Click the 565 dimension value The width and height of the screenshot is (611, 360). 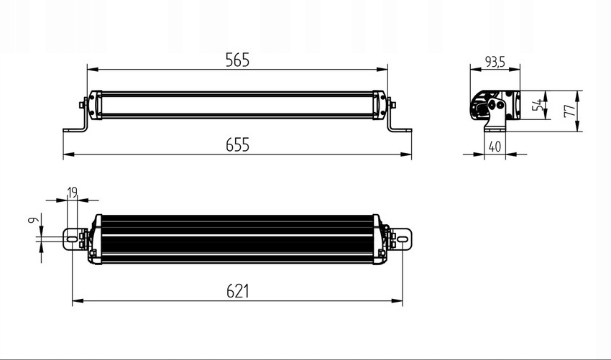tap(236, 60)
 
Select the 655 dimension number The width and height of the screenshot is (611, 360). tap(236, 145)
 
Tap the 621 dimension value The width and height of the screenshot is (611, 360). tap(236, 291)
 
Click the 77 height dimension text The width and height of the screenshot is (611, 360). tap(567, 111)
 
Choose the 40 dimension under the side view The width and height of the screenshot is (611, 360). tap(494, 146)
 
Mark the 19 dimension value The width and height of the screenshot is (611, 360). tap(72, 192)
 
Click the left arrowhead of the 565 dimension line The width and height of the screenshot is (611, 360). tap(91, 70)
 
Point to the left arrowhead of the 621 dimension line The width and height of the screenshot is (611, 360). tap(76, 301)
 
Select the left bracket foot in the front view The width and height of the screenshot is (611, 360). tap(73, 130)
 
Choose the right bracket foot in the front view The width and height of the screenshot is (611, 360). tap(402, 130)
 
